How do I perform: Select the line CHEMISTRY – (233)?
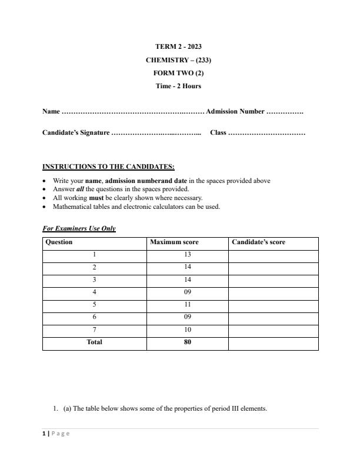[178, 60]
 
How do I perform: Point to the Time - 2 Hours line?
[178, 86]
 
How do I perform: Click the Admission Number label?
[235, 112]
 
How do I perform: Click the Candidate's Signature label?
[76, 133]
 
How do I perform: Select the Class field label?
[218, 133]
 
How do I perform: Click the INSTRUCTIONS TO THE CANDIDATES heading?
[108, 167]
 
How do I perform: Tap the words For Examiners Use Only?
[79, 228]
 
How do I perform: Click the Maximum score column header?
[174, 242]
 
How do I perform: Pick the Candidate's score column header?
[259, 242]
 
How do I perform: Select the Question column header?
[59, 242]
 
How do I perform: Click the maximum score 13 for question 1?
[188, 255]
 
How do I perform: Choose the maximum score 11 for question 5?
[188, 305]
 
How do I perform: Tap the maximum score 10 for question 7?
[188, 330]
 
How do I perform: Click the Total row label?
[94, 342]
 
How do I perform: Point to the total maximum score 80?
[188, 342]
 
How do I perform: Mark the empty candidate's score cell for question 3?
[273, 280]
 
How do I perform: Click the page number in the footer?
[44, 434]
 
